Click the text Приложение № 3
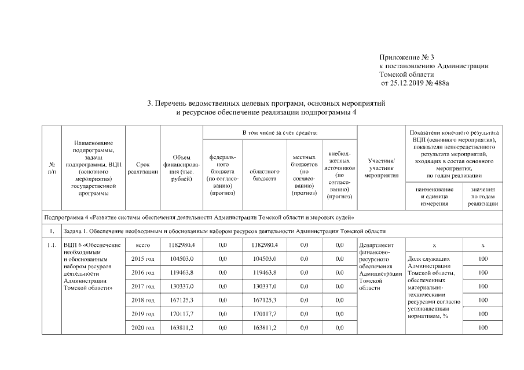click(406, 57)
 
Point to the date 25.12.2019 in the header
click(408, 83)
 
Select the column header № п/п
click(52, 168)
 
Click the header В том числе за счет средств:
click(280, 134)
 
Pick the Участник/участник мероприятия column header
click(382, 168)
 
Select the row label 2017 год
click(143, 286)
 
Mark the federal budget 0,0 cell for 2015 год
click(222, 258)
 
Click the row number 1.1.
click(52, 245)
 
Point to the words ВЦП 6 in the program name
click(74, 245)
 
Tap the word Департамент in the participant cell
click(376, 245)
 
